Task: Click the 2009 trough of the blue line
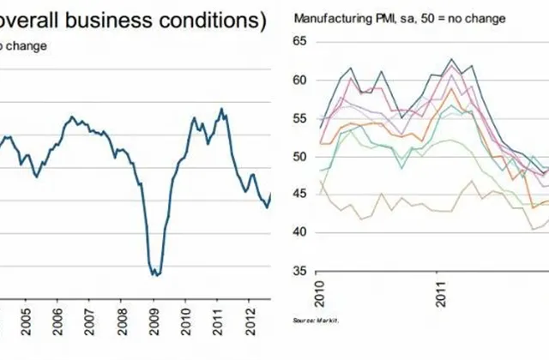click(155, 274)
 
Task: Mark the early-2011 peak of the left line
click(222, 109)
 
